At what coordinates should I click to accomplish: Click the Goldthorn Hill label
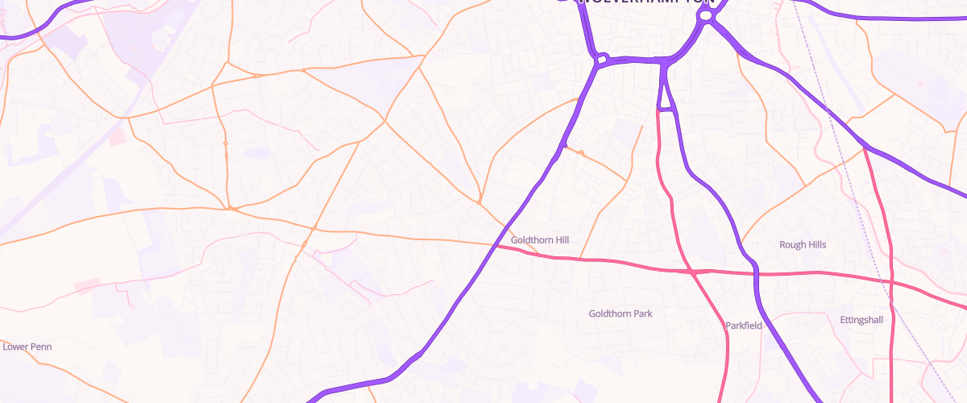540,240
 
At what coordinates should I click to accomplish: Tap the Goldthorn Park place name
620,314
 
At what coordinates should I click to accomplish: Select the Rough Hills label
803,244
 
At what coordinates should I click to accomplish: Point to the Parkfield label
743,326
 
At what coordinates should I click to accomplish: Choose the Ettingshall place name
861,320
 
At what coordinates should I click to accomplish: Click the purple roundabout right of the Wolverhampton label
706,15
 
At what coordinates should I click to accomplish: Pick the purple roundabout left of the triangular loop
601,59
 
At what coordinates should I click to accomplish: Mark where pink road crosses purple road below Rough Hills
757,273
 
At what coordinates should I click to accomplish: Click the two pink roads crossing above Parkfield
693,272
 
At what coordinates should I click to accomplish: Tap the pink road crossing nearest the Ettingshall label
892,281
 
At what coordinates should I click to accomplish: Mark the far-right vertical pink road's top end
865,148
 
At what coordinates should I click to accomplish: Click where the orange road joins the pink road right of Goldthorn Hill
579,259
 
